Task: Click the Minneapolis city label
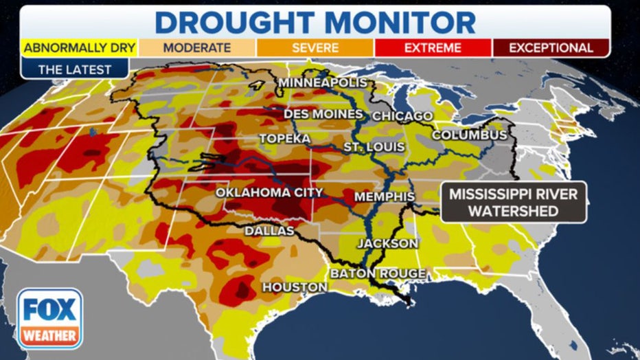pyautogui.click(x=323, y=83)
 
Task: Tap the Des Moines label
pyautogui.click(x=323, y=113)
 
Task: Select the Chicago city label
pyautogui.click(x=402, y=116)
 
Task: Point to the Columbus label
pyautogui.click(x=469, y=135)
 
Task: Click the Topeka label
pyautogui.click(x=281, y=139)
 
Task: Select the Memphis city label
pyautogui.click(x=384, y=197)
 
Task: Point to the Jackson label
pyautogui.click(x=387, y=243)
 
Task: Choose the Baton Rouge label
pyautogui.click(x=378, y=273)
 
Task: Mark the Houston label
pyautogui.click(x=295, y=286)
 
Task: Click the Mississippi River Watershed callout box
pyautogui.click(x=513, y=203)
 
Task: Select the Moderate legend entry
pyautogui.click(x=196, y=48)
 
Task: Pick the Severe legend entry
pyautogui.click(x=315, y=48)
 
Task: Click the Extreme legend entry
pyautogui.click(x=433, y=48)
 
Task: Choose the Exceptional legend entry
pyautogui.click(x=551, y=48)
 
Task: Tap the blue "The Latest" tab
pyautogui.click(x=74, y=69)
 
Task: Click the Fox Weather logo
pyautogui.click(x=50, y=318)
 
